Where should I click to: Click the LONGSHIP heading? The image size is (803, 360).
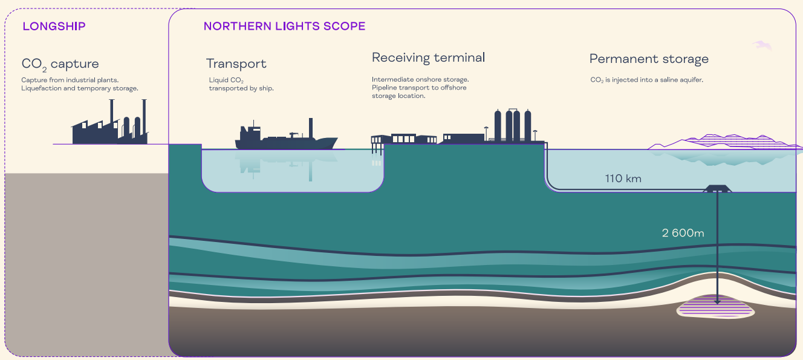[x=54, y=26]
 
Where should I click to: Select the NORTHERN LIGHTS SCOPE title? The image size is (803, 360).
[x=284, y=26]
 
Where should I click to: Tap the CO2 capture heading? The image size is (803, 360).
[x=60, y=64]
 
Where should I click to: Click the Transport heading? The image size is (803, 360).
[x=236, y=64]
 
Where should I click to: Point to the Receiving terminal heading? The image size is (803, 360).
[x=428, y=57]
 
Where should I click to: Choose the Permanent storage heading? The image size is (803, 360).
[x=649, y=59]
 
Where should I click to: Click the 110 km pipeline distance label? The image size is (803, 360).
[x=623, y=178]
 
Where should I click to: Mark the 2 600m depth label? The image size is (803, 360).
[x=683, y=233]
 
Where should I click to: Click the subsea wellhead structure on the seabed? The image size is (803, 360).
[x=717, y=189]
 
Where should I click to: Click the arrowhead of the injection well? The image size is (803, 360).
[x=718, y=300]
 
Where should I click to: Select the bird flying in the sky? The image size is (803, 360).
[x=763, y=45]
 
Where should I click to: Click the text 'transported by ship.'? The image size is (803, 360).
[x=241, y=88]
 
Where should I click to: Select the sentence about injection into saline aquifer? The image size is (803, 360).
[x=646, y=79]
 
